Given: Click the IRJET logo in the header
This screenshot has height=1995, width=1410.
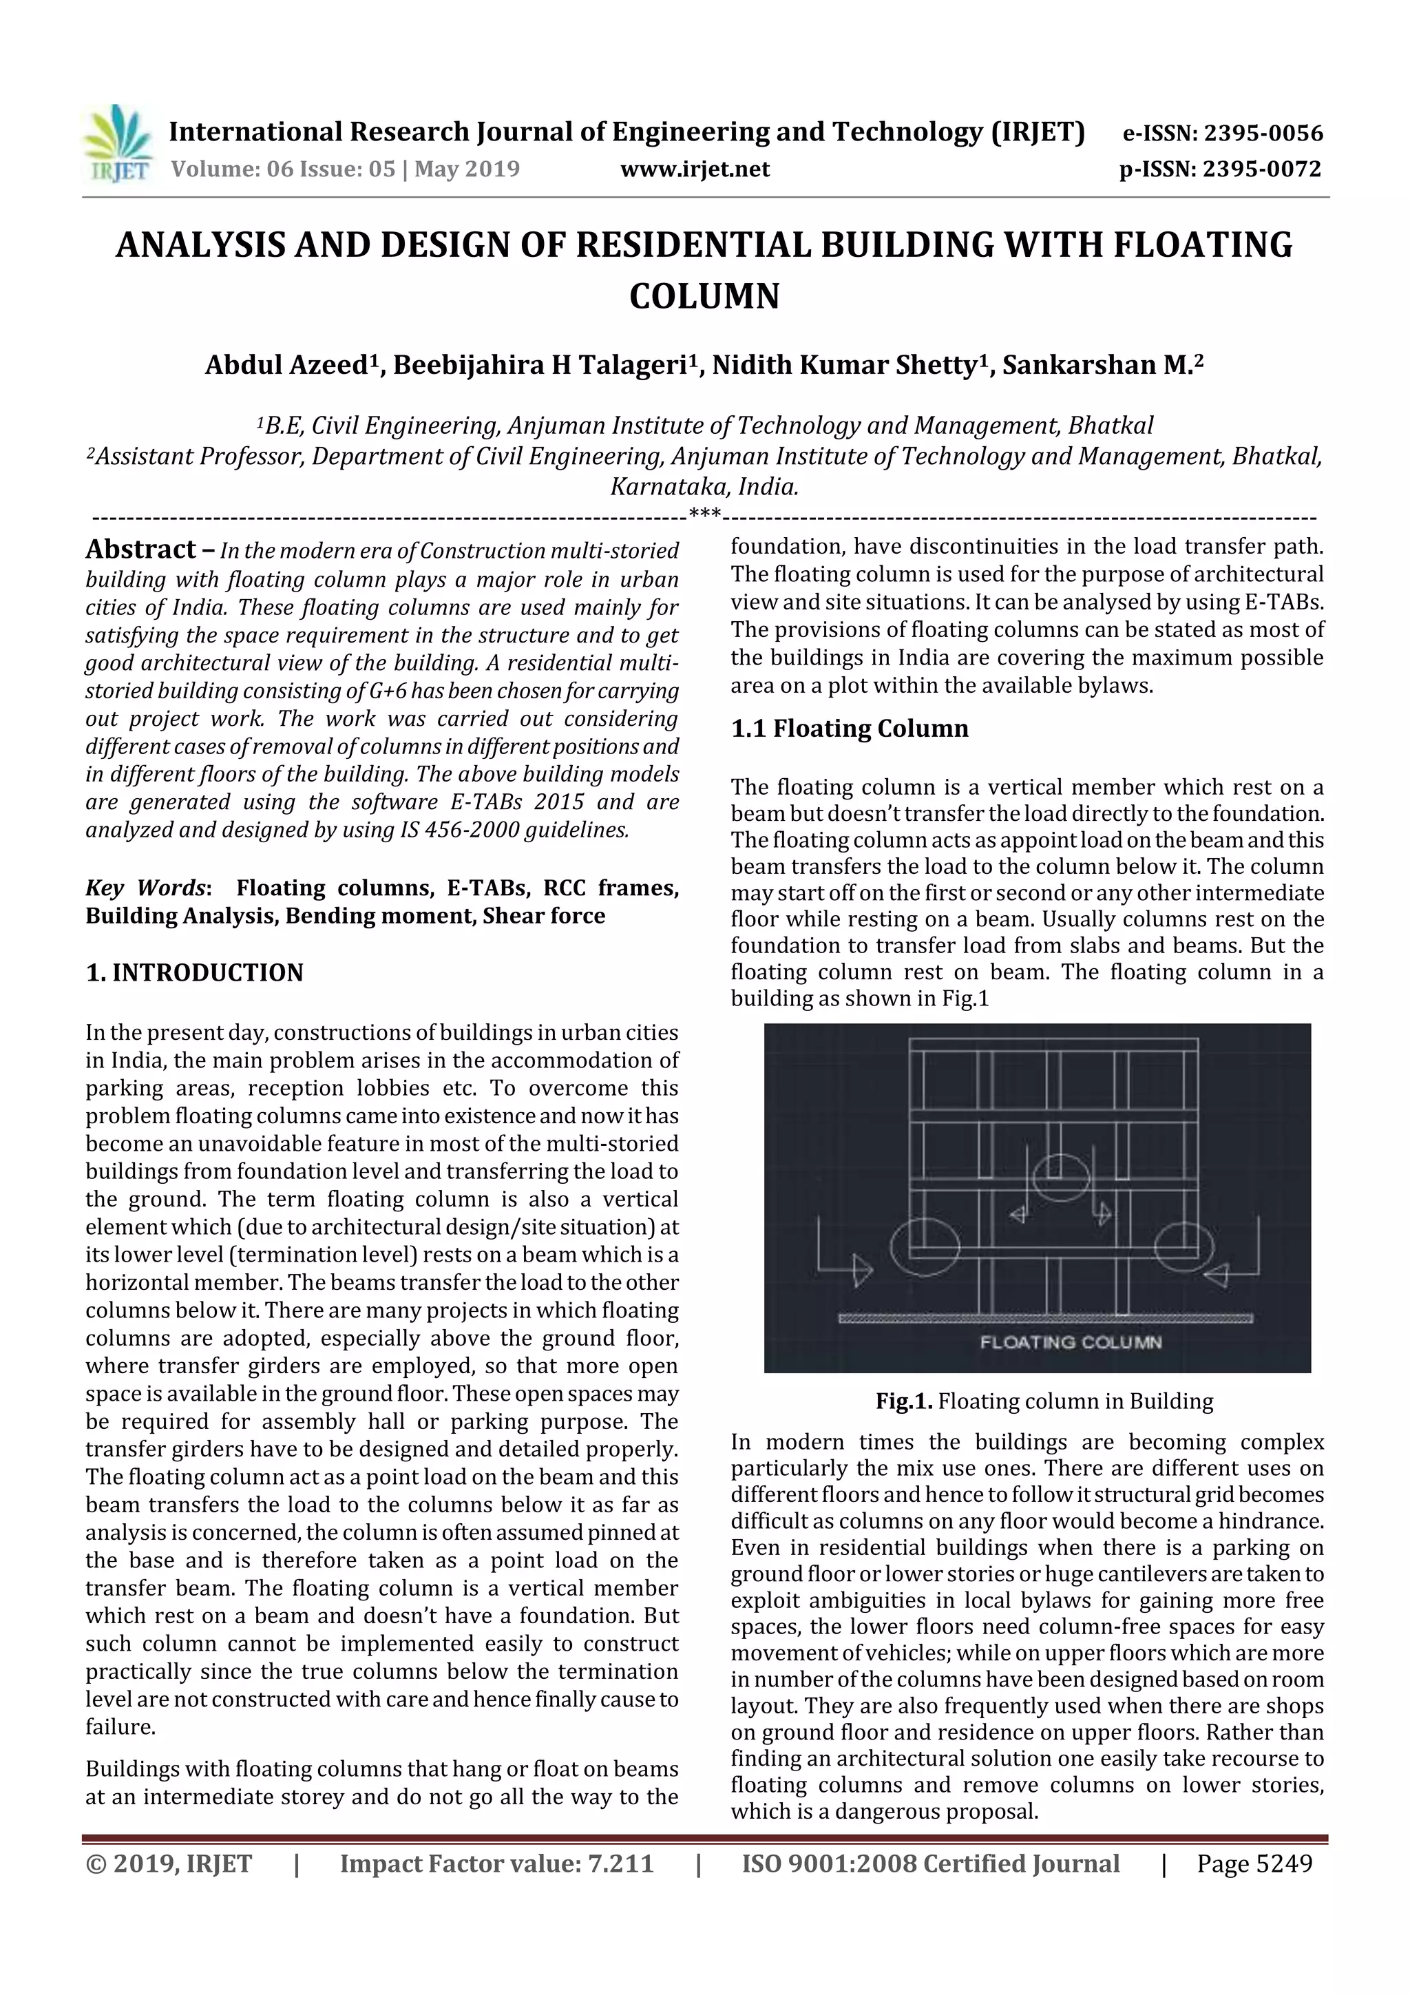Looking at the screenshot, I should coord(116,144).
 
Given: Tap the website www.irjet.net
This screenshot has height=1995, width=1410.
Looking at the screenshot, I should coord(694,169).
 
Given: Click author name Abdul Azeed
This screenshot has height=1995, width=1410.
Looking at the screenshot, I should coord(286,366).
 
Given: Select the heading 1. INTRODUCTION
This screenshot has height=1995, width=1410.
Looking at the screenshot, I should coord(195,972).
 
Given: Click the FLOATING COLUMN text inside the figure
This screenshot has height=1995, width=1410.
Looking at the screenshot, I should coord(1071,1341).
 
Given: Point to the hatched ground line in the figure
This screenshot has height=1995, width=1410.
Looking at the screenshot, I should coord(1045,1318).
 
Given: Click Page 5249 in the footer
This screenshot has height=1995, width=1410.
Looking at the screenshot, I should coord(1254,1863).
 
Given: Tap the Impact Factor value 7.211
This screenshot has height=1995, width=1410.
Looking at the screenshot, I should coord(620,1863).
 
